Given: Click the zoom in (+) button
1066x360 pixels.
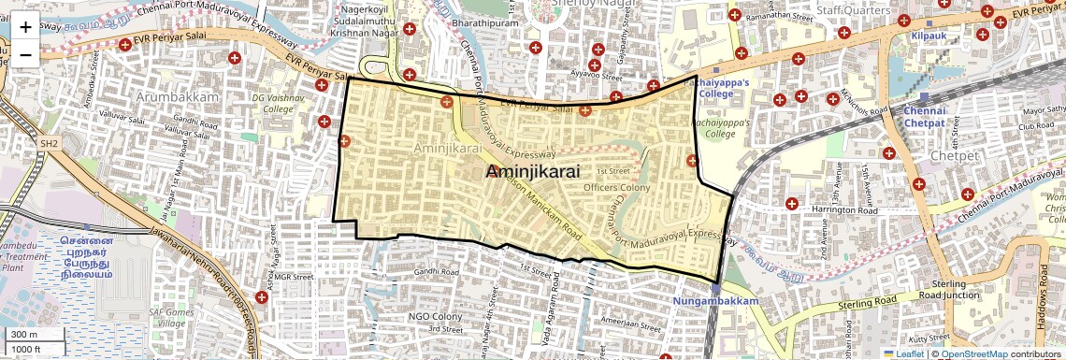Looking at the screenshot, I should [25, 27].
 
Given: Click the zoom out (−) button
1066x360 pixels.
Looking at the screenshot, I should [25, 53].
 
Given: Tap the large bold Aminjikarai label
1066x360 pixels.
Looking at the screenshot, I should [533, 172].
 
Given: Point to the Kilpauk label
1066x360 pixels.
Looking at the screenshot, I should [930, 36].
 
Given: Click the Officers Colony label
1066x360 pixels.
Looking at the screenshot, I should [616, 188].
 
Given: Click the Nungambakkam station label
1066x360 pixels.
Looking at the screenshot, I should [715, 301].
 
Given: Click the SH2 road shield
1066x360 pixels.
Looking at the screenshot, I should [48, 144].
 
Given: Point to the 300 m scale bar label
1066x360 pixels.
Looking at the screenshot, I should [24, 334].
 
